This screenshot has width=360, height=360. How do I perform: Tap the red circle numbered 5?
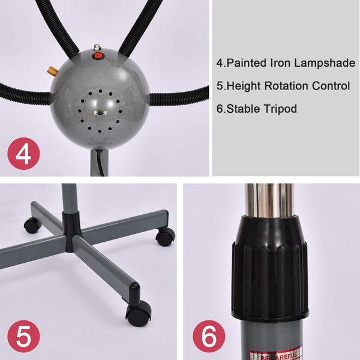coord(23,337)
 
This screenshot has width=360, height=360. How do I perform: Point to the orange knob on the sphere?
coord(53,72)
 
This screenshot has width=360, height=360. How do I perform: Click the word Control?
coord(331,86)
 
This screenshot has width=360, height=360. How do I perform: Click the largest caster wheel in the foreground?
coord(139,311)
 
